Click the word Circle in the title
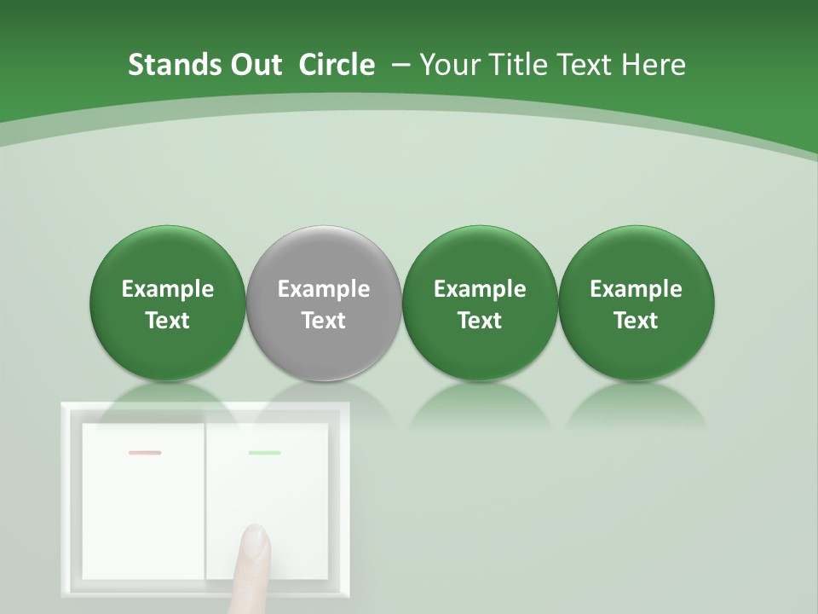click(337, 65)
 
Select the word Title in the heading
click(518, 65)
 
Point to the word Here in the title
click(654, 65)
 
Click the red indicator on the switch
click(144, 453)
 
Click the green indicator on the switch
click(264, 453)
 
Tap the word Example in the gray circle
click(324, 289)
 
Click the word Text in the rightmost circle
click(636, 321)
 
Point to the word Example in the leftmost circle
click(168, 289)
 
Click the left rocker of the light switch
click(143, 503)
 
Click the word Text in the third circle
click(480, 321)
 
